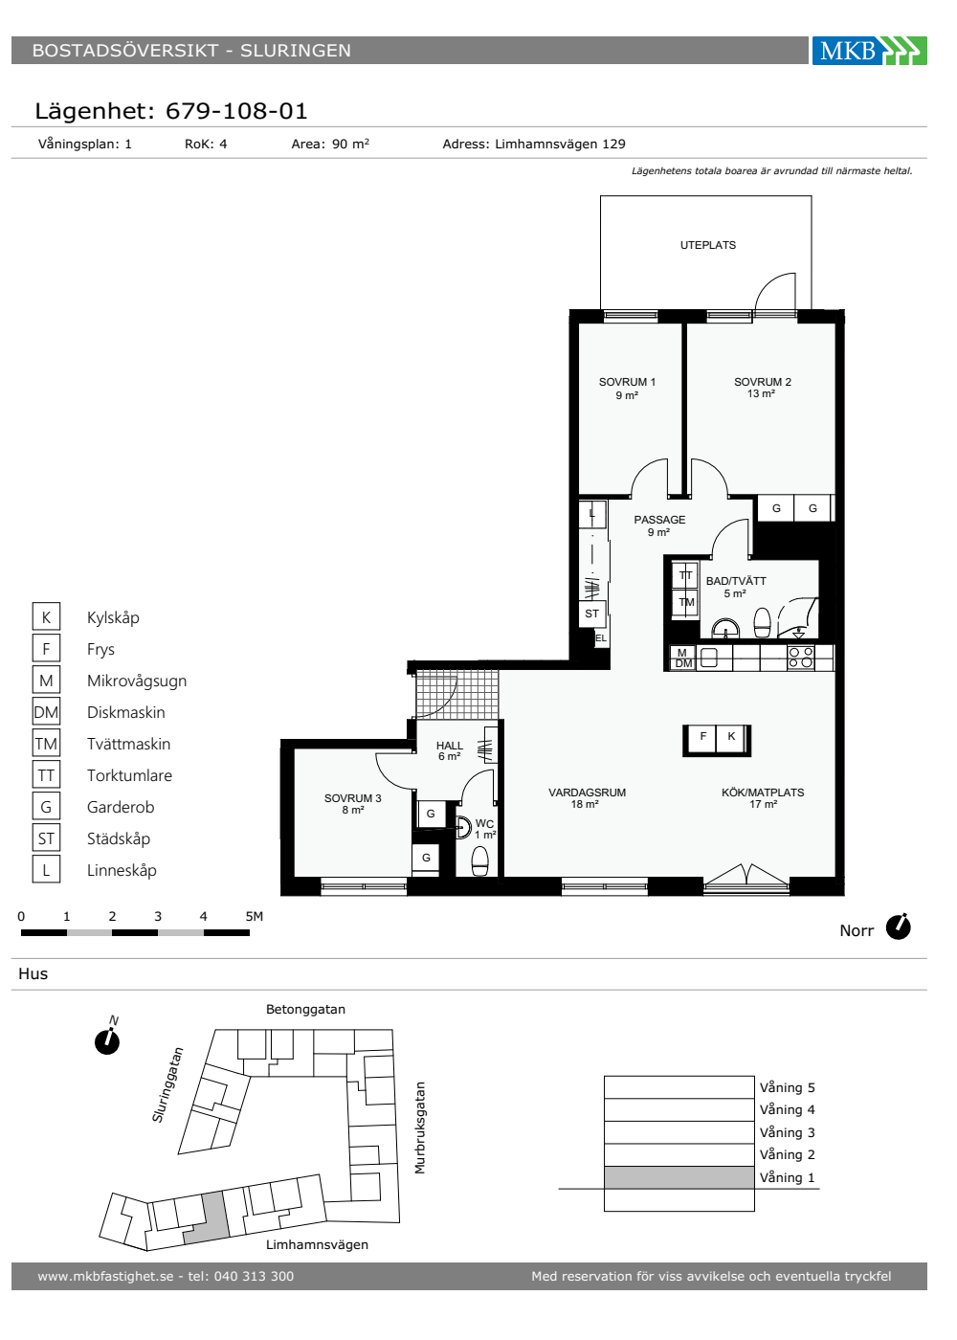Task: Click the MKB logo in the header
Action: (x=869, y=50)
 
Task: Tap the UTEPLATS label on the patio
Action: (x=707, y=245)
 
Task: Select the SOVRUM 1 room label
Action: (x=627, y=389)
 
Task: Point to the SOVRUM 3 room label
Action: (x=352, y=803)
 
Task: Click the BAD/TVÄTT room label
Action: (x=736, y=587)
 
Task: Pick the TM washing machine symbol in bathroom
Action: (x=686, y=602)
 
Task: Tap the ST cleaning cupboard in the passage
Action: (x=591, y=614)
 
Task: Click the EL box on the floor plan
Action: (x=601, y=638)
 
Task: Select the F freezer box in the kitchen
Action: (x=702, y=737)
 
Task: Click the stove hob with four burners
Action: (x=801, y=658)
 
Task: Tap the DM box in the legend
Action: (x=46, y=712)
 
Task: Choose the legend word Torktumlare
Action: (x=129, y=775)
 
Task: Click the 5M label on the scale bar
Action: (x=255, y=916)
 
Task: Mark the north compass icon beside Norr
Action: (x=899, y=927)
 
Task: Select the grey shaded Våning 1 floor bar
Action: (x=679, y=1177)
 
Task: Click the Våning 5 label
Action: (x=787, y=1087)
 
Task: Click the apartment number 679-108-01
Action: (x=236, y=111)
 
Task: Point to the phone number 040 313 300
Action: (x=254, y=1276)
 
